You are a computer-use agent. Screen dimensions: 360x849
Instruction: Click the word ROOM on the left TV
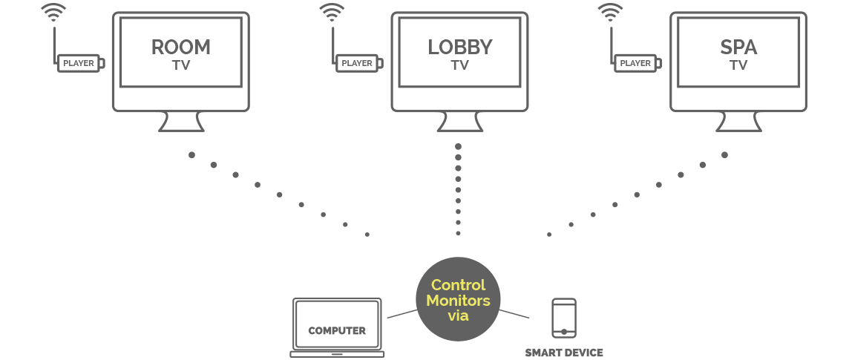point(181,48)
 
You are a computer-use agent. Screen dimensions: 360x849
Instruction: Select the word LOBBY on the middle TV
point(459,48)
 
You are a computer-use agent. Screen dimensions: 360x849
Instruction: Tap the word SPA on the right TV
point(738,48)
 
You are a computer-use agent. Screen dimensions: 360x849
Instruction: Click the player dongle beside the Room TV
point(80,64)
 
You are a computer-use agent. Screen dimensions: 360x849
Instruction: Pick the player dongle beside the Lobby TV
point(359,64)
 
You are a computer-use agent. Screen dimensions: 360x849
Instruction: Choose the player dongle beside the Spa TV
point(637,64)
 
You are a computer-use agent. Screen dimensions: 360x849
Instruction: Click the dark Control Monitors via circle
point(458,300)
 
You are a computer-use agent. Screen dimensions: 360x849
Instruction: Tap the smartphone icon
point(564,318)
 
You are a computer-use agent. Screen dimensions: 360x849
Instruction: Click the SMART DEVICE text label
point(564,353)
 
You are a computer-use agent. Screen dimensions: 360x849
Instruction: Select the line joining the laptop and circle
point(401,314)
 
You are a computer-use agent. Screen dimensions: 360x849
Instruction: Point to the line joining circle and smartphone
point(514,314)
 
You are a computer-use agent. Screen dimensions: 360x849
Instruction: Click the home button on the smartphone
point(564,332)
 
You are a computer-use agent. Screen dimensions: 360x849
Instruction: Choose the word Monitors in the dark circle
point(458,301)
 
